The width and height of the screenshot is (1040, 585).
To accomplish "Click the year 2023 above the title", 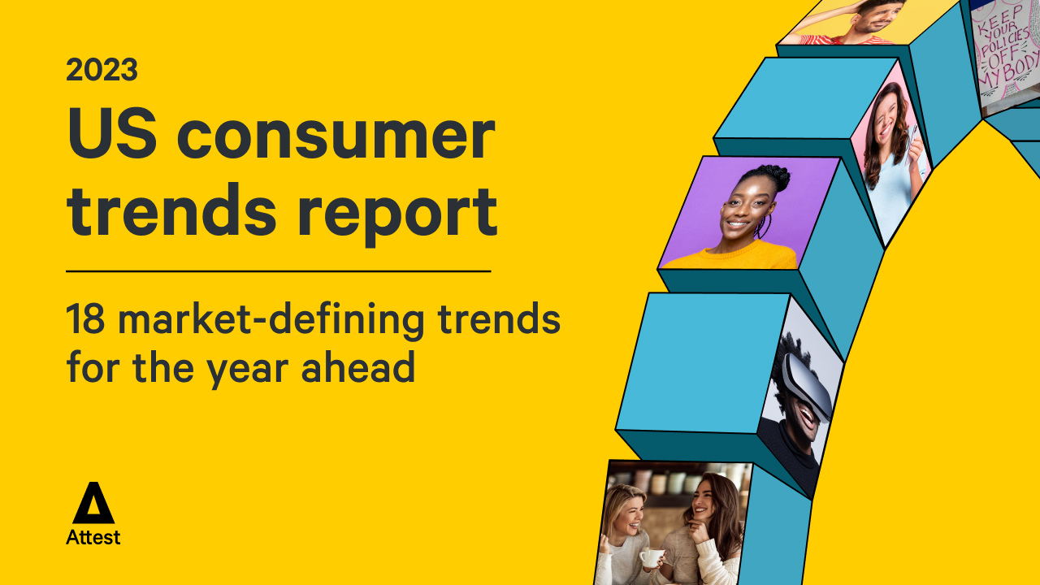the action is click(x=102, y=70).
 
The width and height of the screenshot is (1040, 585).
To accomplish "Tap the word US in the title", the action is click(x=112, y=133).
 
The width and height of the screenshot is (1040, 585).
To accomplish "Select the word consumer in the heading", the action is click(x=336, y=138).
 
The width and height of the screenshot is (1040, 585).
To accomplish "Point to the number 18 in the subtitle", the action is click(x=85, y=319).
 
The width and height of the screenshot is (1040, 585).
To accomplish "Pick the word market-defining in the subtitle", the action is click(x=271, y=320).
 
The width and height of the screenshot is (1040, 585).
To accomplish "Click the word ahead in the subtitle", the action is click(x=357, y=366).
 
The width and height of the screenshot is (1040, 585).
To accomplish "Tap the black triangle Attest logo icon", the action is click(x=93, y=503).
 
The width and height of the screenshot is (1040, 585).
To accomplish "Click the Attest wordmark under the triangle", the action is click(x=93, y=537).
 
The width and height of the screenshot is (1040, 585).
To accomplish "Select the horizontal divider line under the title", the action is click(x=279, y=271).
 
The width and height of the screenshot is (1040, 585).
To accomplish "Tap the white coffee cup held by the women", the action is click(x=652, y=557).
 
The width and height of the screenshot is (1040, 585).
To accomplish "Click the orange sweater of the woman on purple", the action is click(x=734, y=257).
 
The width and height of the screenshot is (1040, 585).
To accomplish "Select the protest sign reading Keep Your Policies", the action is click(x=1006, y=54).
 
